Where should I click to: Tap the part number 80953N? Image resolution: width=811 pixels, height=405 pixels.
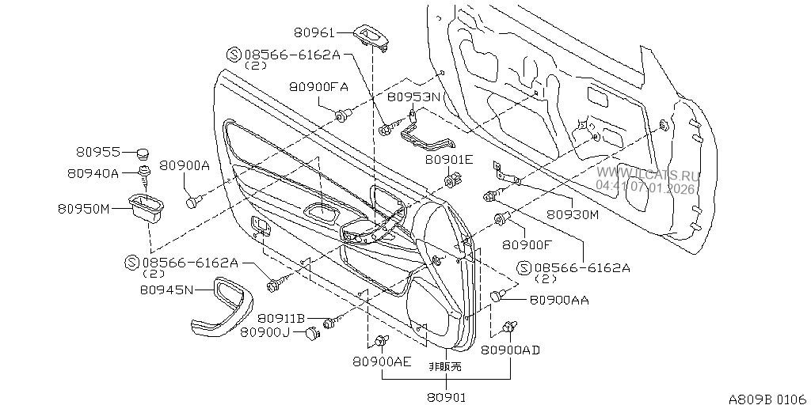click(x=413, y=97)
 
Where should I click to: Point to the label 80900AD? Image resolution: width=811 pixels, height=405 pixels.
click(x=511, y=350)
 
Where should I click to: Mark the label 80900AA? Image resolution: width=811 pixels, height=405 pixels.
click(x=558, y=300)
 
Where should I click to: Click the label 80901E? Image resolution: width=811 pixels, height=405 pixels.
click(x=448, y=159)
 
